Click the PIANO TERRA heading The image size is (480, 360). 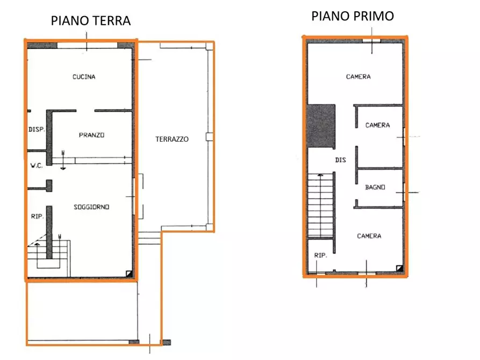[x=91, y=21]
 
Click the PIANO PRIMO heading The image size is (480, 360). [x=353, y=16]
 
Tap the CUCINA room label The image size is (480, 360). [x=84, y=77]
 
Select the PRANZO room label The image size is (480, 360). [x=91, y=135]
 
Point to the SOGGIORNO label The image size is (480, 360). [x=92, y=207]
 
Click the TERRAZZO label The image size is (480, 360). [x=172, y=139]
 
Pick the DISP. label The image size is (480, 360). [x=36, y=129]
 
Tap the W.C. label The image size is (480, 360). [x=36, y=165]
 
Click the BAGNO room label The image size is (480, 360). [x=374, y=188]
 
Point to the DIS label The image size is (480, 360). [x=340, y=160]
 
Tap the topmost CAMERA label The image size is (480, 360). [x=358, y=77]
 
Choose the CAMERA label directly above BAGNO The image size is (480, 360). [x=377, y=125]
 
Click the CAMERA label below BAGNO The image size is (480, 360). [x=369, y=236]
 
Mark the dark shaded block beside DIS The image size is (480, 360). [x=321, y=125]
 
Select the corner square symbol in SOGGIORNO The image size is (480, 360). [x=129, y=273]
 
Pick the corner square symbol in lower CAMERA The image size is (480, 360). [x=399, y=268]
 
